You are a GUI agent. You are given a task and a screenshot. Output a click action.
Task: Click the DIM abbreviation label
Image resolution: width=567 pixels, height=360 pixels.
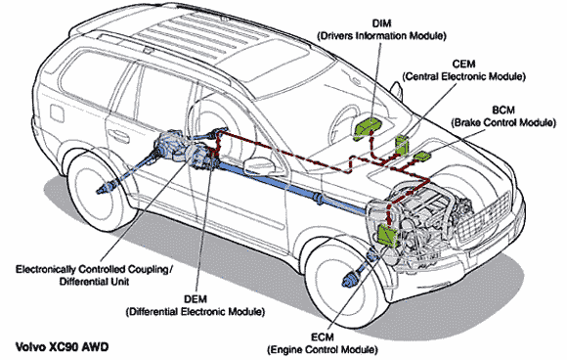point(381,23)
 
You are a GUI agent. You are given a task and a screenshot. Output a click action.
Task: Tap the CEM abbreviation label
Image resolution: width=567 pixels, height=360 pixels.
point(463,64)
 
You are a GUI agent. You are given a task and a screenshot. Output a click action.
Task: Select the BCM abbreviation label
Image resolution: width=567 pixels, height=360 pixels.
point(503,110)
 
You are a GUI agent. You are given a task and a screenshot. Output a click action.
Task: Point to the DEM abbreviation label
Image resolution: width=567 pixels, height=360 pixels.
point(196,299)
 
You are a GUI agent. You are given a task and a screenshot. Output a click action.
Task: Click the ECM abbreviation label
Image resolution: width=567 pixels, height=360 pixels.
point(323,337)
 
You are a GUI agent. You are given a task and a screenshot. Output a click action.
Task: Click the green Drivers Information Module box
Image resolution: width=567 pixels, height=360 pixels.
point(369,128)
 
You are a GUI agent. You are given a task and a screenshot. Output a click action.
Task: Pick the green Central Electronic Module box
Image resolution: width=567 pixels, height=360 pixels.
point(402,145)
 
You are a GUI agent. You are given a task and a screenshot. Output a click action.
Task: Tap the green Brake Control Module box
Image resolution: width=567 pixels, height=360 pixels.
point(422,157)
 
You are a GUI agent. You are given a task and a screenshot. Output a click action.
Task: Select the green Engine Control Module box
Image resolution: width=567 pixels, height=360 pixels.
point(388,234)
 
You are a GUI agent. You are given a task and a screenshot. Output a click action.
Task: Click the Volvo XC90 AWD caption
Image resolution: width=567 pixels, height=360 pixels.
point(63,347)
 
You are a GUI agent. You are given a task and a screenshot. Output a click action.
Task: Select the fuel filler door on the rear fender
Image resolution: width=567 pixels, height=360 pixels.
point(57,112)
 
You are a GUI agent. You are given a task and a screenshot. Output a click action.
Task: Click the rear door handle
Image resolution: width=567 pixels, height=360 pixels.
point(120,136)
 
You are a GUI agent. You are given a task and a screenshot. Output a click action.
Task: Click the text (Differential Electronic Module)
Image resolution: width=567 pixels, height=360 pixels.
point(196,311)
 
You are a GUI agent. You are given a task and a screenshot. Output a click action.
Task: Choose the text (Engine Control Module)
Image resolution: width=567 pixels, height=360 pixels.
point(323,350)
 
